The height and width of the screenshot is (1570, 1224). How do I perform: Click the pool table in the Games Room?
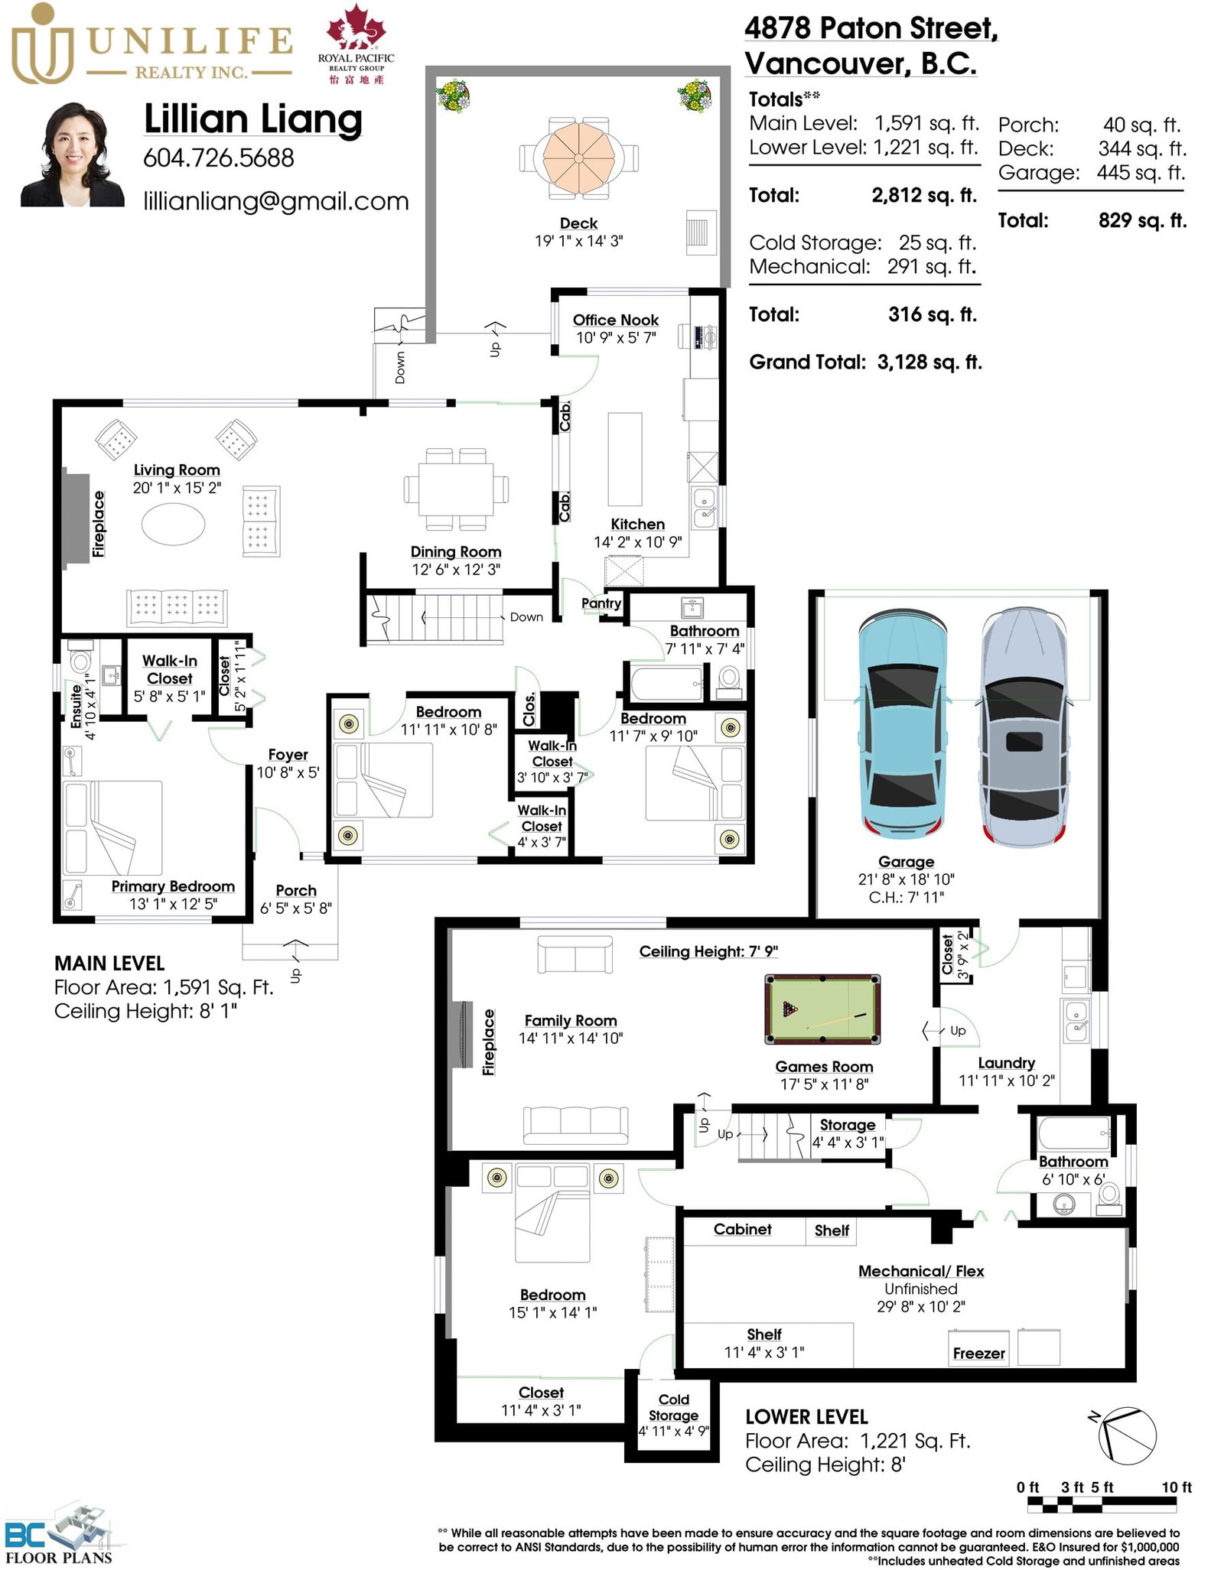point(822,1009)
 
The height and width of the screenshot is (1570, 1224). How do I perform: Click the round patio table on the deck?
point(579,158)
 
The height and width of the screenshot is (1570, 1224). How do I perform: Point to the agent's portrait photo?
point(72,155)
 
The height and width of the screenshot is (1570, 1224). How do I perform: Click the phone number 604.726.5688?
point(219,158)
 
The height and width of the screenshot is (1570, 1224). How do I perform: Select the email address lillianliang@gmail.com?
point(276,201)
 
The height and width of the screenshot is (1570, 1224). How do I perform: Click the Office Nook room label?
point(616,320)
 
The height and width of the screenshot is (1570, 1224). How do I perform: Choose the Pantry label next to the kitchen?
point(601,603)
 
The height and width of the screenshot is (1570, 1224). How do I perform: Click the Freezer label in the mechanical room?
point(979,1353)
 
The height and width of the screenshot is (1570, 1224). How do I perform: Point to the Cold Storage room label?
point(673,1407)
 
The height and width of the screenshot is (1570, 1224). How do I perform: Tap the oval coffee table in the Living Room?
point(174,525)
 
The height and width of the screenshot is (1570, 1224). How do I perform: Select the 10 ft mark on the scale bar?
point(1177,1487)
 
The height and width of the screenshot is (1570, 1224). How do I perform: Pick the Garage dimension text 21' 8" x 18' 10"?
point(906,879)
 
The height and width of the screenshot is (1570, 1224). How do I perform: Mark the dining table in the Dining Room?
point(456,489)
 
